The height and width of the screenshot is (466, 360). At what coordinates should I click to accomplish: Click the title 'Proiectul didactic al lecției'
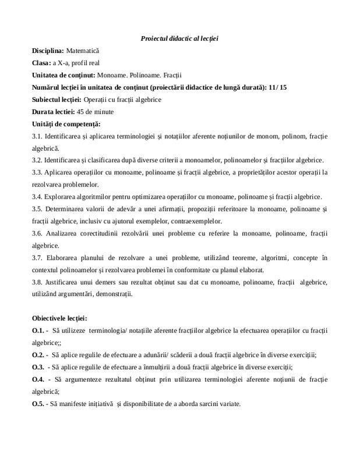click(x=179, y=38)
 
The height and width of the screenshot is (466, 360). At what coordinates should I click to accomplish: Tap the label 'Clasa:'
click(x=42, y=63)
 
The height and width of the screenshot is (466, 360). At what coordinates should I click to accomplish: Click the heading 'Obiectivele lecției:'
click(x=60, y=318)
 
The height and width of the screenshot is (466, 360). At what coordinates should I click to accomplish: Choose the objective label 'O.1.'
click(x=38, y=330)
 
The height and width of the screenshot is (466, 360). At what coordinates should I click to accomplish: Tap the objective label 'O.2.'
click(x=38, y=355)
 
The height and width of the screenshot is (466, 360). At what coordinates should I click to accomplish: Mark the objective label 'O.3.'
click(x=38, y=367)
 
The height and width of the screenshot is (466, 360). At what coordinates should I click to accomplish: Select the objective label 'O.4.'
click(x=38, y=380)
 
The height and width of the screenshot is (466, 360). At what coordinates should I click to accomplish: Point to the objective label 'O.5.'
click(x=38, y=404)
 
